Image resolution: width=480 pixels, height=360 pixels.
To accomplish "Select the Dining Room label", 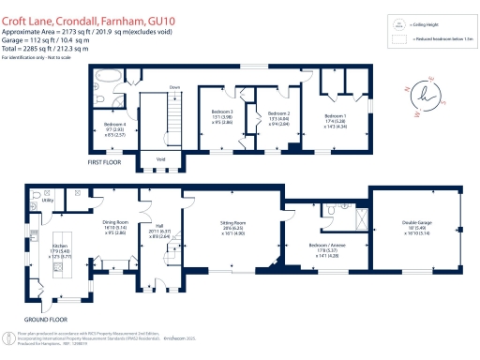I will pyautogui.click(x=114, y=222).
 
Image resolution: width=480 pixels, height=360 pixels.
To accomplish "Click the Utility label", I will pyautogui.click(x=48, y=201).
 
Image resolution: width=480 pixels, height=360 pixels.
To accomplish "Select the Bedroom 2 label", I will pyautogui.click(x=281, y=112).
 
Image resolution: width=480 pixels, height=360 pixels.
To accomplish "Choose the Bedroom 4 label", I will pyautogui.click(x=112, y=124).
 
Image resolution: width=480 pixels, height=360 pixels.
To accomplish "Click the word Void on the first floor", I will pyautogui.click(x=162, y=158).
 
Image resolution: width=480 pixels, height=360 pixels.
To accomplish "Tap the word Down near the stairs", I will pyautogui.click(x=174, y=87).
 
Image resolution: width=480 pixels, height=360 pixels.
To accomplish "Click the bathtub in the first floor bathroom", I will pyautogui.click(x=106, y=74).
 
